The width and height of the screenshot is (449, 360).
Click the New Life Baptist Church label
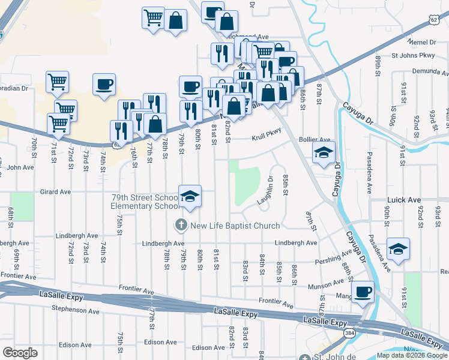(x=235, y=226)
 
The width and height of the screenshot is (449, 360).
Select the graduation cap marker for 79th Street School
(x=190, y=197)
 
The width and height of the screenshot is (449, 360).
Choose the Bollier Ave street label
(x=315, y=140)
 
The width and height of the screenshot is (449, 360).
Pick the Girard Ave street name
(x=55, y=192)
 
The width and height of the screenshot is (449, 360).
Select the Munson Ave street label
(x=325, y=288)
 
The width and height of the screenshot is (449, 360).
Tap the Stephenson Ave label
(x=74, y=310)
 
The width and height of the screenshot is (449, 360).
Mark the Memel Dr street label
(x=421, y=42)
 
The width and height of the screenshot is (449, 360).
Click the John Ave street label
(x=20, y=167)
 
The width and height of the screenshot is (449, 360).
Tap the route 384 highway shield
(x=349, y=332)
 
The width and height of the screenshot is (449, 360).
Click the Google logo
(x=20, y=353)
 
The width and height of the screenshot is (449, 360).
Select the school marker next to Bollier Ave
(x=324, y=152)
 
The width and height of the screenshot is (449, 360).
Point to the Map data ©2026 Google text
(x=412, y=355)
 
